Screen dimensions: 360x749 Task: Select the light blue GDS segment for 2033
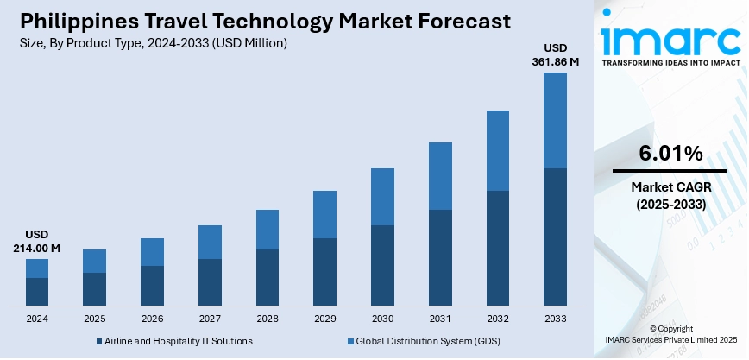coord(555,120)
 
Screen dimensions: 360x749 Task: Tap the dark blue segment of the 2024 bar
coord(37,292)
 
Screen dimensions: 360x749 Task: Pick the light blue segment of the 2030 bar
coord(382,197)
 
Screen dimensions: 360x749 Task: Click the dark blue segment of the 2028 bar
coord(267,277)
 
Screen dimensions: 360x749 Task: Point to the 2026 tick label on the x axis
coord(152,319)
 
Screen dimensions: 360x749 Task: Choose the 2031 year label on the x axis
coord(440,319)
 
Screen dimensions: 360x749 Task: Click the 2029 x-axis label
coord(324,319)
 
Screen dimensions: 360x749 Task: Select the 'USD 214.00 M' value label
coord(37,241)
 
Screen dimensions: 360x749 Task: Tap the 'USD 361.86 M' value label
coord(555,54)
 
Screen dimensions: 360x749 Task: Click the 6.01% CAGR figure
coord(670,154)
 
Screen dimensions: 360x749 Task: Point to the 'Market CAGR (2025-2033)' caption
coord(670,195)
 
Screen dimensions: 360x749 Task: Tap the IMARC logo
coord(670,38)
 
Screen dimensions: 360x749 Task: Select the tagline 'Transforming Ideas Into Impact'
coord(670,64)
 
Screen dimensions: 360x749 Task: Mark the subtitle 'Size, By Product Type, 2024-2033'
coord(152,42)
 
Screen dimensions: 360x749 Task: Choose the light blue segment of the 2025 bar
coord(94,261)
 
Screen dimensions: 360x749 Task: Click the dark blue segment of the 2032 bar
coord(498,248)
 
